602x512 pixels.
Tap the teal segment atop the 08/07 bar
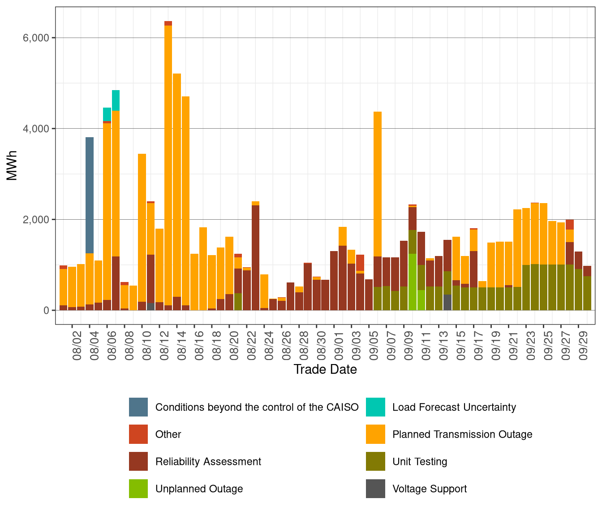[116, 100]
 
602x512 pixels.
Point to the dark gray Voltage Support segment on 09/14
[447, 302]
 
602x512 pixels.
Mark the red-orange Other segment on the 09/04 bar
[360, 263]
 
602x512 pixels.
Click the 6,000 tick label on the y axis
[35, 38]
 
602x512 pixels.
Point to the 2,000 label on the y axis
[35, 220]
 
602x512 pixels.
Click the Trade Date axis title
[325, 369]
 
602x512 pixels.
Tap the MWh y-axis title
[12, 165]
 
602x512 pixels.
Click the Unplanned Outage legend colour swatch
[138, 489]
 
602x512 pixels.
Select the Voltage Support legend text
[429, 489]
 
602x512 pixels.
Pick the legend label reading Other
[168, 434]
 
